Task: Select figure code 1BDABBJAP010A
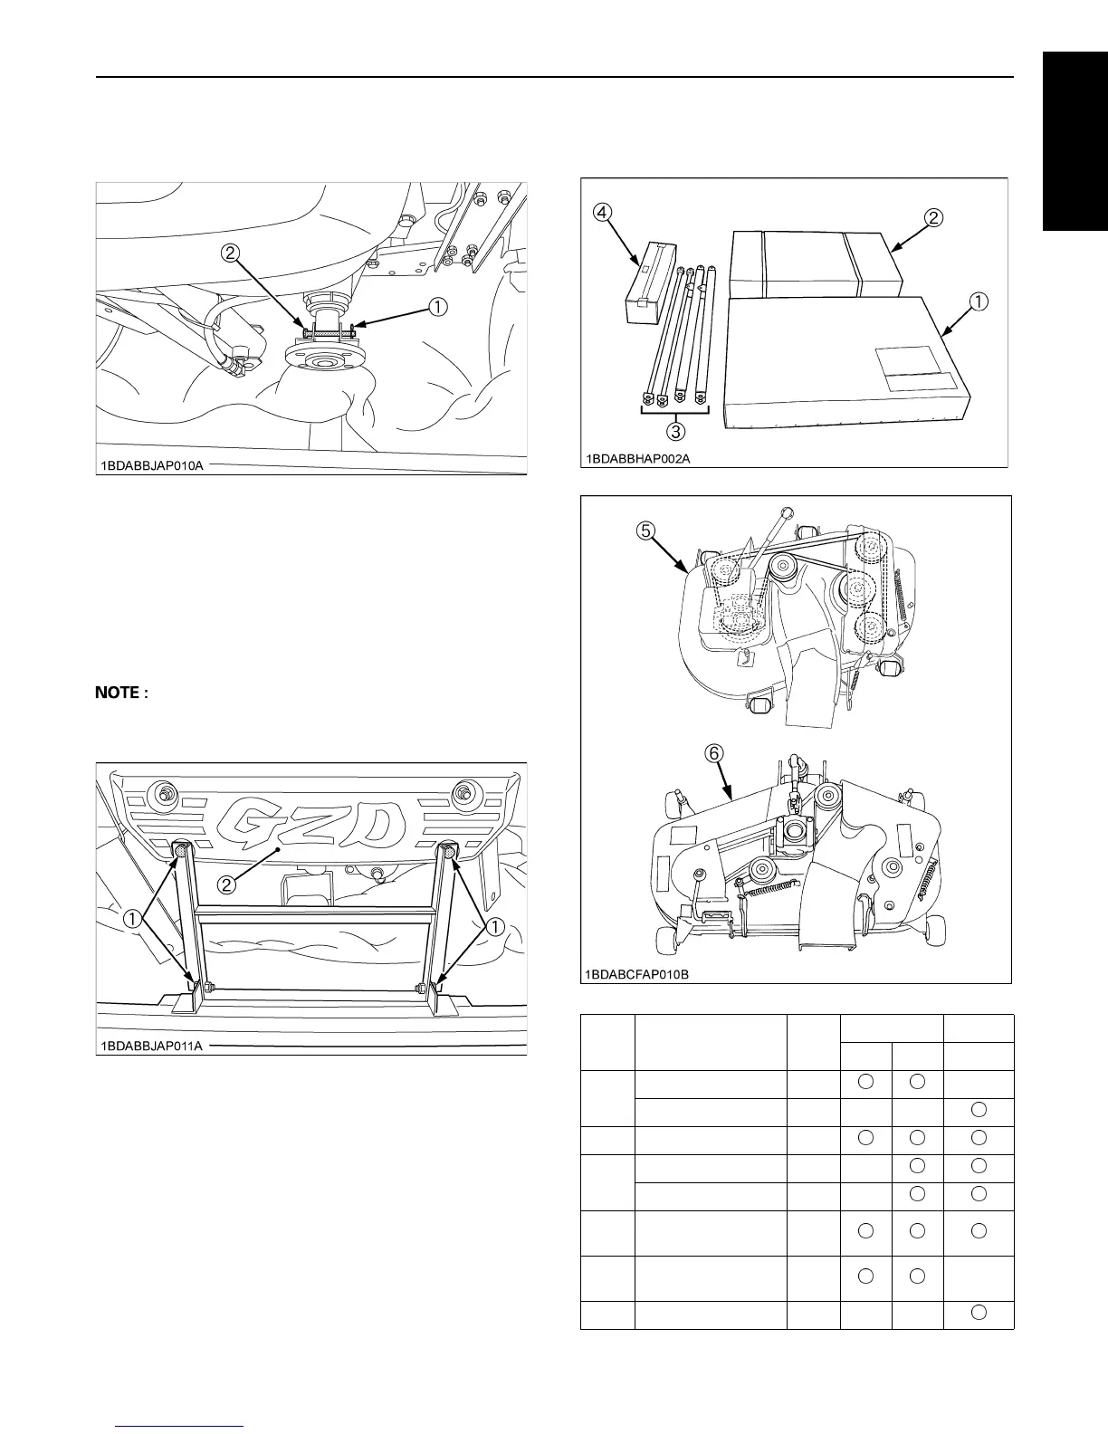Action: coord(151,466)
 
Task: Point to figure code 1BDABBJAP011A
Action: coord(151,1047)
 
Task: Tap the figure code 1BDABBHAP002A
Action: coord(637,459)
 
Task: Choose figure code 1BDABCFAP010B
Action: coord(637,974)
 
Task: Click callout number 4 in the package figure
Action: coord(602,213)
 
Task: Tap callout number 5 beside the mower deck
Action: coord(645,531)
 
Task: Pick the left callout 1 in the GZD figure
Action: coord(133,918)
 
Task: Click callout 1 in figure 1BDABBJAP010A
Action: coord(437,307)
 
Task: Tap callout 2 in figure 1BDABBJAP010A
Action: coord(231,254)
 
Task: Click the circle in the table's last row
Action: coord(977,1313)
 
